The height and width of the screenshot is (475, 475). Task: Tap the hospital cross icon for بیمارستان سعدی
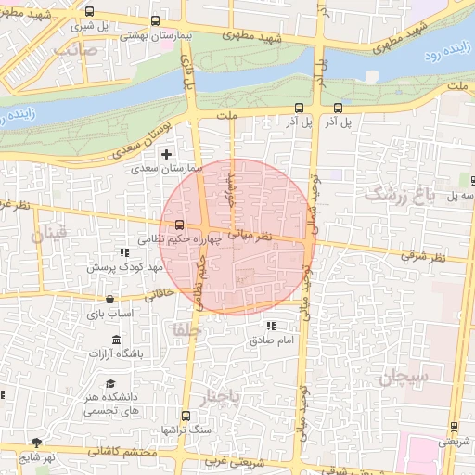(x=167, y=154)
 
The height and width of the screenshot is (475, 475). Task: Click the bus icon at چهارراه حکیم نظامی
(x=179, y=225)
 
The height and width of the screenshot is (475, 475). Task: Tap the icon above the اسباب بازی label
(x=110, y=300)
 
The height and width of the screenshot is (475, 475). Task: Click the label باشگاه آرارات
(x=115, y=353)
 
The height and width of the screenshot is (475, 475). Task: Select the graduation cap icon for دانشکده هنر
(x=110, y=384)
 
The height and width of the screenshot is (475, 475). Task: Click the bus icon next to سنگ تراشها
(x=186, y=416)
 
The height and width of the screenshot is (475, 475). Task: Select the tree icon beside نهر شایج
(x=37, y=443)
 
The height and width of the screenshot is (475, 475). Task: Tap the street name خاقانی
(x=159, y=294)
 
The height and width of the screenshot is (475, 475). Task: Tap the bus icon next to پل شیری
(x=89, y=12)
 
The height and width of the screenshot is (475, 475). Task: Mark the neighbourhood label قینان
(x=50, y=236)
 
